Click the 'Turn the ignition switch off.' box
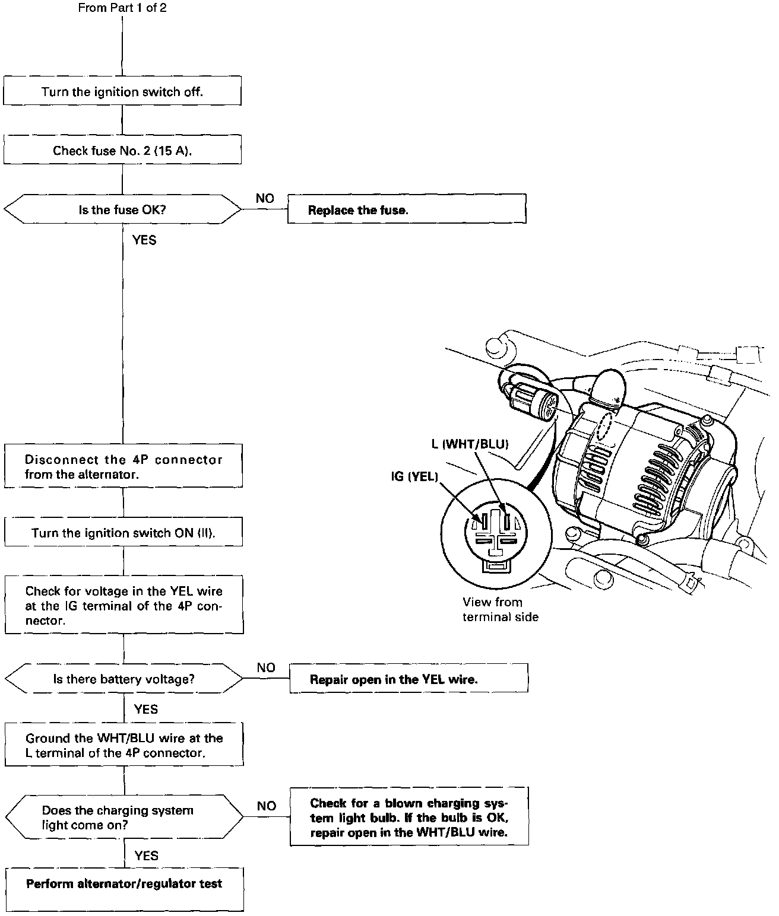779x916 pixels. coord(122,91)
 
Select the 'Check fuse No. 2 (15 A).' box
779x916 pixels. coord(122,150)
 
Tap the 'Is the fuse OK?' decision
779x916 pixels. coord(122,209)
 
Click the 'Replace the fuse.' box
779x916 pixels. coord(407,210)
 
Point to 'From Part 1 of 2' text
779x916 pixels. coord(122,8)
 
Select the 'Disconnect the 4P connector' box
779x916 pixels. coord(123,466)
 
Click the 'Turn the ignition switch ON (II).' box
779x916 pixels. coord(123,532)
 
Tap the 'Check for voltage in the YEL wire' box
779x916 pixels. coord(124,605)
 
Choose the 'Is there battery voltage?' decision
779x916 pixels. coord(124,679)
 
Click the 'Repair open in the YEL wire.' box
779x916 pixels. coord(408,679)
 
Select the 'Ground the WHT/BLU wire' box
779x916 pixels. coord(124,745)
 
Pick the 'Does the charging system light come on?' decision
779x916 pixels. coord(124,818)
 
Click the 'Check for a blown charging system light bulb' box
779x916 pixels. coord(409,817)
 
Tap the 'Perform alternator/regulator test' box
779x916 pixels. coord(125,889)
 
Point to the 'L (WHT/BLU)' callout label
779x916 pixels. coord(470,444)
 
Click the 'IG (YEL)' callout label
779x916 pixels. coord(414,476)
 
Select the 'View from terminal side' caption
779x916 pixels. coord(500,609)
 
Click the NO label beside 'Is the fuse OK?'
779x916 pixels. coord(265,198)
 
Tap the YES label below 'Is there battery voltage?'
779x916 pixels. coord(146,709)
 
